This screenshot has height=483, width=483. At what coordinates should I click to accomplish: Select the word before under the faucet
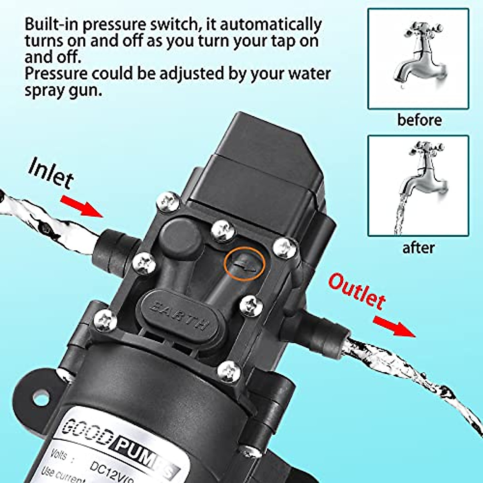coord(419,120)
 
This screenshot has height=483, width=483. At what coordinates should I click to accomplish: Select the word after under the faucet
coord(419,248)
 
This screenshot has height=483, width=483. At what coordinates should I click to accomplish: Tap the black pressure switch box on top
coord(258,161)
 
